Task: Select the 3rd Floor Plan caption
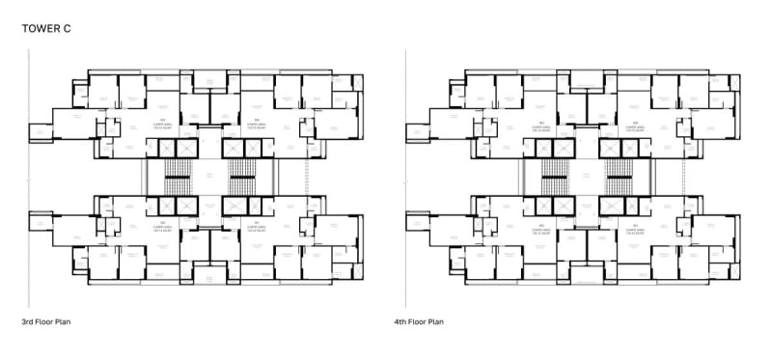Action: tap(47, 321)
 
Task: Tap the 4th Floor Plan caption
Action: tap(419, 321)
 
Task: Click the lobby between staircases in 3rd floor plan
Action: tap(208, 178)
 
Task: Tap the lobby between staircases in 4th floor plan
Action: tap(586, 178)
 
